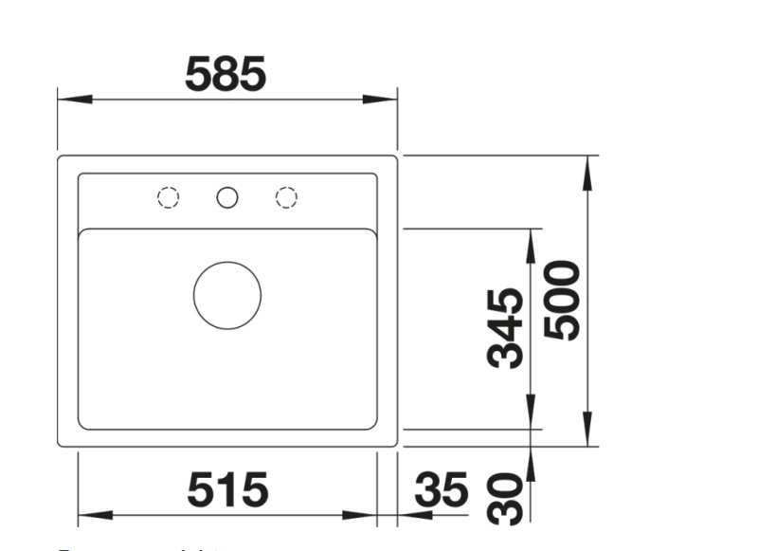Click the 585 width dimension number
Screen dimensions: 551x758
(226, 74)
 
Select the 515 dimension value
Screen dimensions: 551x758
(227, 490)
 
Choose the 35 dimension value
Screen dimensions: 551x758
(442, 491)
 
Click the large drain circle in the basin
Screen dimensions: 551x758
(227, 295)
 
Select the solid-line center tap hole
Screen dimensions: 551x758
(227, 197)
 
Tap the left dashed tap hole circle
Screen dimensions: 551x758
(168, 197)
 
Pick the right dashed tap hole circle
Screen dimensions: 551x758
(286, 197)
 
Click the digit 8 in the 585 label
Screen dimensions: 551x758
(226, 74)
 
